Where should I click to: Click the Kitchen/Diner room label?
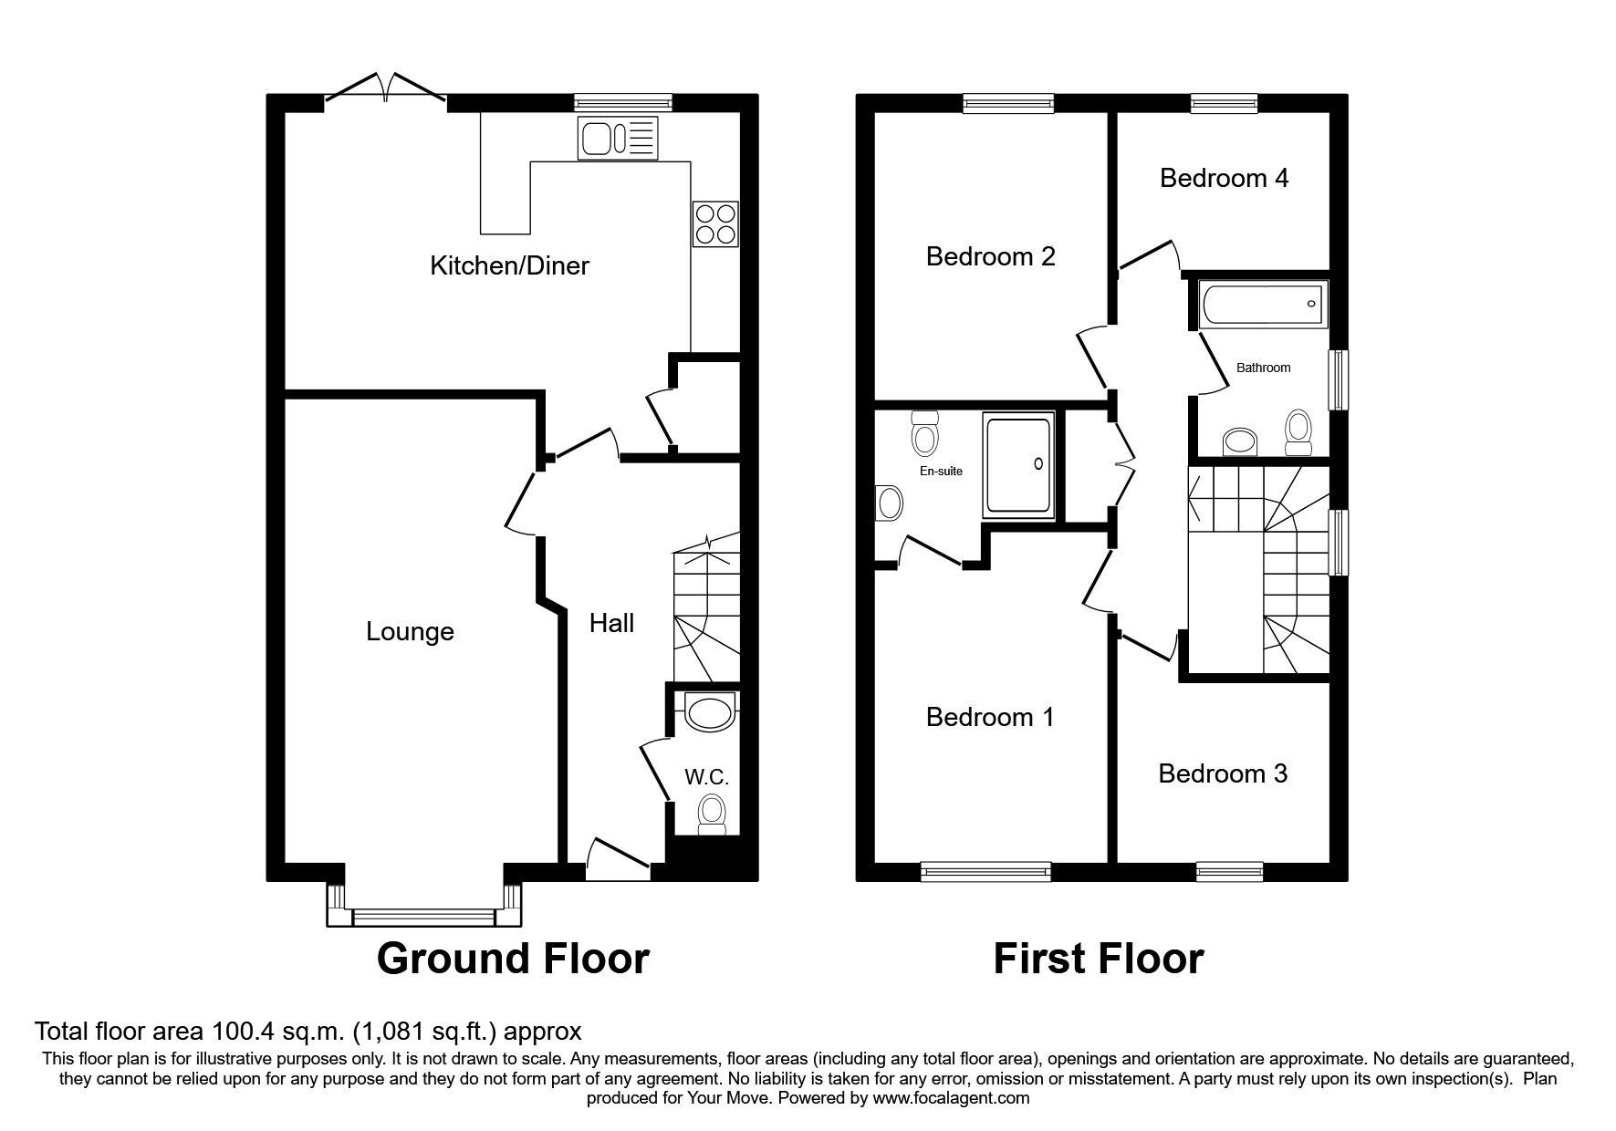pyautogui.click(x=509, y=265)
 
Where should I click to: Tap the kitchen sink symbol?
pyautogui.click(x=617, y=140)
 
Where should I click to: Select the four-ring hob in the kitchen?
pyautogui.click(x=714, y=223)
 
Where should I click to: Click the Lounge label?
pyautogui.click(x=410, y=631)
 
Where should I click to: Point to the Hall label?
pyautogui.click(x=611, y=623)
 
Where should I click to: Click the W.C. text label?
pyautogui.click(x=706, y=777)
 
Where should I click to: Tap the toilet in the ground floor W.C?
pyautogui.click(x=711, y=813)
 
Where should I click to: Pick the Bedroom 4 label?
pyautogui.click(x=1224, y=177)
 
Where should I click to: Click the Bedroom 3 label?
pyautogui.click(x=1223, y=773)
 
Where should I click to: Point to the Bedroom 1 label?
pyautogui.click(x=990, y=717)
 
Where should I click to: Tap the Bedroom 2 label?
pyautogui.click(x=990, y=255)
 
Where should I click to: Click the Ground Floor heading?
pyautogui.click(x=513, y=959)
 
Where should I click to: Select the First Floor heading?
pyautogui.click(x=1098, y=959)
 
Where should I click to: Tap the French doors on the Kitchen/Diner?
pyautogui.click(x=386, y=88)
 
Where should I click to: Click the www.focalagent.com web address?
pyautogui.click(x=951, y=1098)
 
